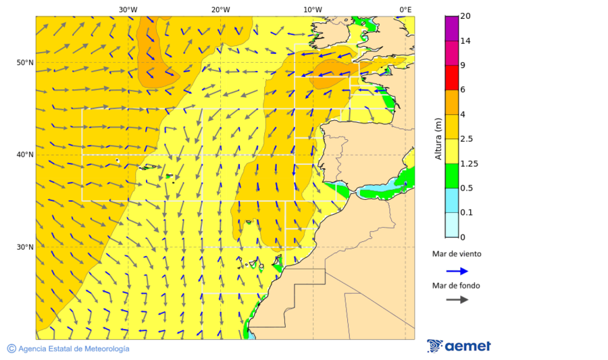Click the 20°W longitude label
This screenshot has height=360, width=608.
[x=220, y=9]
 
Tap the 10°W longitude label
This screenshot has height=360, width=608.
[x=312, y=9]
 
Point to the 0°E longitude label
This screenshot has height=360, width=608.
[x=405, y=9]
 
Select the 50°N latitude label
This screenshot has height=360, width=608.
[x=25, y=63]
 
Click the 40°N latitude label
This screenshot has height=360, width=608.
[x=25, y=155]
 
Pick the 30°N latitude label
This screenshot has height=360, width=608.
[x=25, y=247]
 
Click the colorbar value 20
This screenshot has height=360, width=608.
[x=465, y=16]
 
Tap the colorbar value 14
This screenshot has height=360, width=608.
[x=465, y=41]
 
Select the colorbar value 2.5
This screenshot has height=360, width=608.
[x=467, y=139]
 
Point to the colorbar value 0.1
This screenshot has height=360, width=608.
[x=467, y=213]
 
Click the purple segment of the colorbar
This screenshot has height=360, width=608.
[x=451, y=28]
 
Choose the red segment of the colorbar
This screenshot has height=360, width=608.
[x=451, y=77]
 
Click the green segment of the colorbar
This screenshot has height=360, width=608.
[x=451, y=176]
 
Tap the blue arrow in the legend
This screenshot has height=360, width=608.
[x=457, y=271]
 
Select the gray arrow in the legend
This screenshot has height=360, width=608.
[x=457, y=299]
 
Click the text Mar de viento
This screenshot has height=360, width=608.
[x=457, y=254]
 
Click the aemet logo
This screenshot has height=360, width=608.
[x=459, y=346]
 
